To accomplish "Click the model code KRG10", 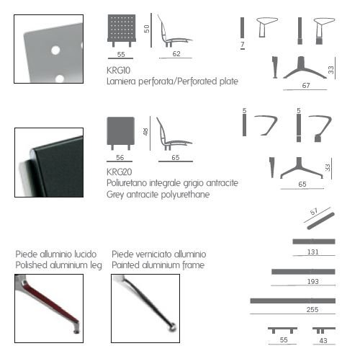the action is click(x=118, y=71).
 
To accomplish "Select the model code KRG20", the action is click(x=120, y=172).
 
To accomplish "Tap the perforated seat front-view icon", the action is click(x=122, y=30).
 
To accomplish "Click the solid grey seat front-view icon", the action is click(x=121, y=133).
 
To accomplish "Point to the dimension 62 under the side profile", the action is click(x=176, y=53).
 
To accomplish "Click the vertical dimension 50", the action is click(x=146, y=29).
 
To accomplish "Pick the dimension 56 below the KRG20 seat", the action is click(x=120, y=158).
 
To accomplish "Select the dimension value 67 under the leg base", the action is click(x=306, y=86).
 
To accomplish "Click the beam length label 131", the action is click(x=313, y=252).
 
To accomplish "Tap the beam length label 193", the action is click(x=313, y=281).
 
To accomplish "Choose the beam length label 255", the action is click(x=312, y=309).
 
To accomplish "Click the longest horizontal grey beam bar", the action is click(x=293, y=301).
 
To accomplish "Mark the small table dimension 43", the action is click(x=323, y=341).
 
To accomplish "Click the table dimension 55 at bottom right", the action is click(x=284, y=340).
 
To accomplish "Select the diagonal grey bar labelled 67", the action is click(x=321, y=221).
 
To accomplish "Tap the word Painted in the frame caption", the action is click(x=126, y=265).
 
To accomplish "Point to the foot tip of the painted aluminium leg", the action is click(x=173, y=327).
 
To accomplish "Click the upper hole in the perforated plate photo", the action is click(x=55, y=50).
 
